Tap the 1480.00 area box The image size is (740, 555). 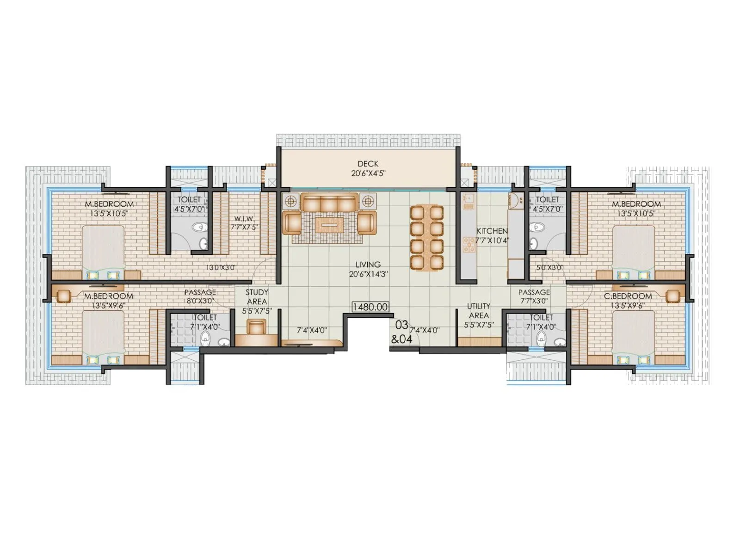370,307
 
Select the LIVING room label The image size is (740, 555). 368,265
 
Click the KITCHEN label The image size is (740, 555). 492,231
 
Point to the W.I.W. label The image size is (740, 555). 242,218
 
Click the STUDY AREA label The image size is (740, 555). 257,296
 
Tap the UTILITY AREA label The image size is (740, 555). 478,310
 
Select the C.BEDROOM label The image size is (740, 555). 628,296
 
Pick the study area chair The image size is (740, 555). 258,327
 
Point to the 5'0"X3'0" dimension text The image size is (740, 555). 549,267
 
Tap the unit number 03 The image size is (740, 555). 401,325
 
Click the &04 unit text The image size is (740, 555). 401,339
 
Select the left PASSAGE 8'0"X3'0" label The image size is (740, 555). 200,296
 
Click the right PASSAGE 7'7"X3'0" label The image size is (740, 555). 534,296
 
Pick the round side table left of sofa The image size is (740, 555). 291,202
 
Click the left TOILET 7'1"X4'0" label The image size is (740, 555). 205,322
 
